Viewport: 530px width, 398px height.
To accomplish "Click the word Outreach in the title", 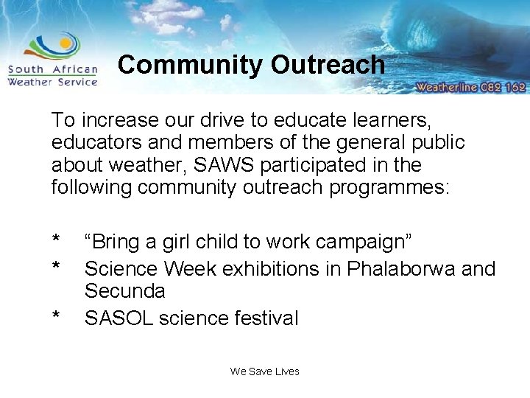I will (328, 65).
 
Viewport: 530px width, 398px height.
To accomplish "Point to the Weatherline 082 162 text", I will (470, 86).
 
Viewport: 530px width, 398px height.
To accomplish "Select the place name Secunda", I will (124, 291).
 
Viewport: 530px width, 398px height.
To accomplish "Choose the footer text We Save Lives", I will (264, 371).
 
